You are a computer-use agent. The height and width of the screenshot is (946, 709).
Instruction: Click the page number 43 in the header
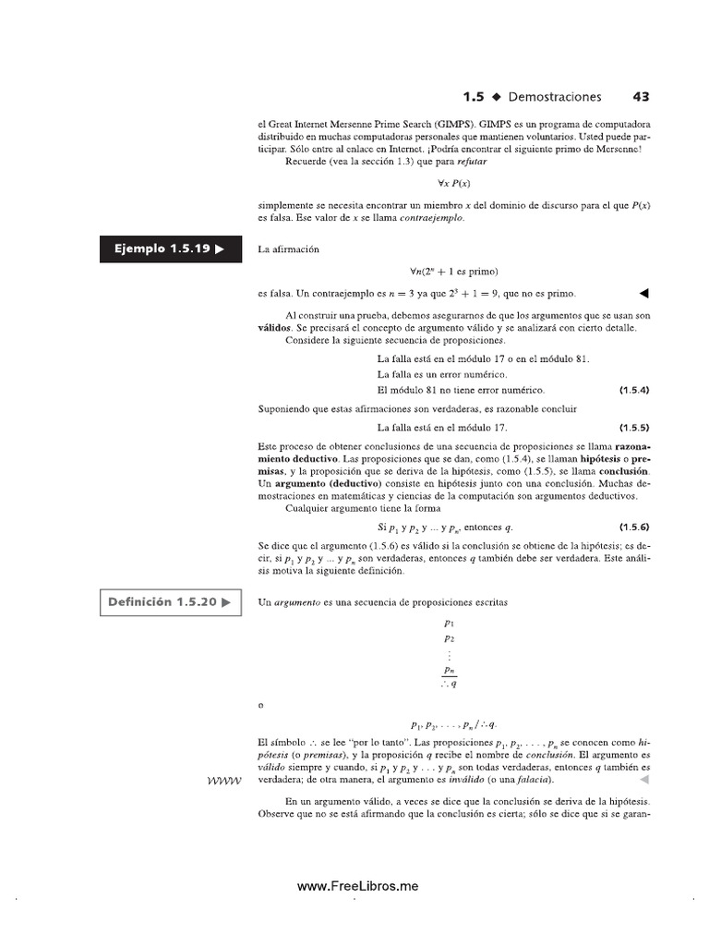point(641,96)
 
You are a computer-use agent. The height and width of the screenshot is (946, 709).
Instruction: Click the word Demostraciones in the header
point(554,96)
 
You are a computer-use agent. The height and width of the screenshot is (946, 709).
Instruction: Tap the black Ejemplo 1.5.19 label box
point(170,249)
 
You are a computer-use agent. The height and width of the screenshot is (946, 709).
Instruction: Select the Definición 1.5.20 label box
point(170,602)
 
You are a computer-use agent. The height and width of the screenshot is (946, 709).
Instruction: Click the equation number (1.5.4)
point(634,390)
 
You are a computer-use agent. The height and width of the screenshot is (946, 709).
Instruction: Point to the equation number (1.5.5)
point(634,428)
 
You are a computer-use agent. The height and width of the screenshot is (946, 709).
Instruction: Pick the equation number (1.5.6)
point(634,527)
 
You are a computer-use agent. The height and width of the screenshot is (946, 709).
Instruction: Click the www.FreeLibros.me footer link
point(357,886)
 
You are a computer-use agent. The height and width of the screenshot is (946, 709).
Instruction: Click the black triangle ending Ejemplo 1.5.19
point(644,294)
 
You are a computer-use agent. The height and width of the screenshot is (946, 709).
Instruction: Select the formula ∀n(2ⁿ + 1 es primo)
point(453,272)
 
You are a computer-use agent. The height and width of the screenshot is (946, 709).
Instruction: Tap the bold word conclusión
point(623,471)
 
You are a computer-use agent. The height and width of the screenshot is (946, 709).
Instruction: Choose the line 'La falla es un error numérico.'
point(442,374)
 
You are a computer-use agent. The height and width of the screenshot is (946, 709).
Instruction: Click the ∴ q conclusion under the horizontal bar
point(449,685)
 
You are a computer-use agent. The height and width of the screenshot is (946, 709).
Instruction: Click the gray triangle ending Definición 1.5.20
point(644,779)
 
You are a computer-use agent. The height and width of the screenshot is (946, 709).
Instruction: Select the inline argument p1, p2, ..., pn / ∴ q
point(453,725)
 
